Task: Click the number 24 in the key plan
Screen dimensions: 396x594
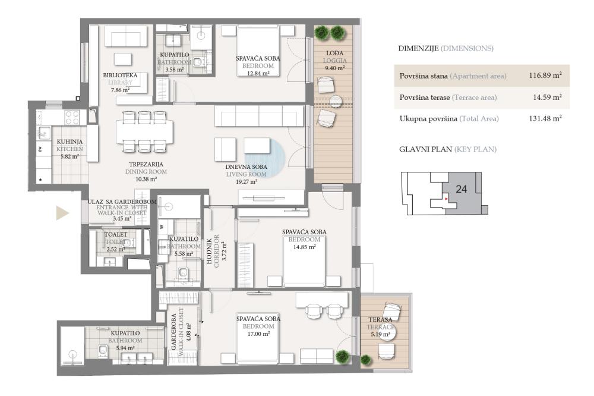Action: (462, 189)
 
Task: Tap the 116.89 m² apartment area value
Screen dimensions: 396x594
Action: (545, 76)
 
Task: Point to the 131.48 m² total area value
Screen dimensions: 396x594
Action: (545, 118)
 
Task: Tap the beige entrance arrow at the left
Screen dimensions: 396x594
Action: (62, 213)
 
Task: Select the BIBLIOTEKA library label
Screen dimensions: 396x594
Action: (120, 76)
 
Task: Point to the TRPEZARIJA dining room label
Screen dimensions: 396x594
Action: (146, 164)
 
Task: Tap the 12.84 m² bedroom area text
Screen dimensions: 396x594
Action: (257, 73)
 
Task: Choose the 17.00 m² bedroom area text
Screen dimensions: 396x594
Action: (258, 334)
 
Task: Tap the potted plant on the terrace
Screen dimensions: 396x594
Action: (366, 359)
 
